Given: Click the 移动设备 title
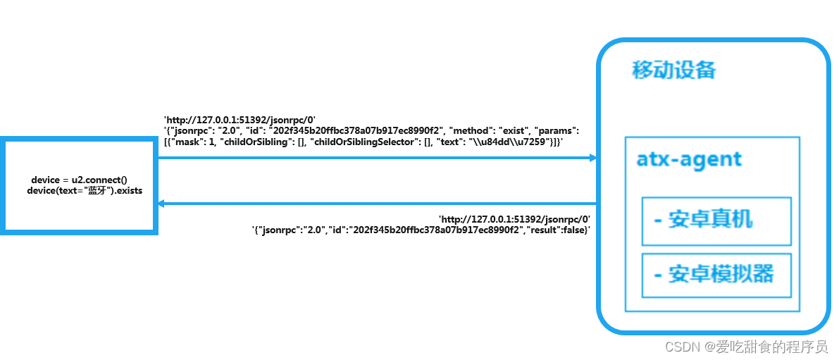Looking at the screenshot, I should (x=673, y=70).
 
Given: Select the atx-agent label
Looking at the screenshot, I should (x=689, y=159).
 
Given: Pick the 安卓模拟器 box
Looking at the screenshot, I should (x=716, y=275).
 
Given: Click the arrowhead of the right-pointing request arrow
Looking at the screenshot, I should (x=592, y=158).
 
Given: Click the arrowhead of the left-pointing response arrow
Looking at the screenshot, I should (x=161, y=204).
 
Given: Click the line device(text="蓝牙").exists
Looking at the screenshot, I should (x=85, y=191).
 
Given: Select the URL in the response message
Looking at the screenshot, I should (x=514, y=219).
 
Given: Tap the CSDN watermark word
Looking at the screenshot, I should (x=680, y=347).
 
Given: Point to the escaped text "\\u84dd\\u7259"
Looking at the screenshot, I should (x=506, y=142).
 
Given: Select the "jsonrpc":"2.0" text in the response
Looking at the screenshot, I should (x=291, y=230).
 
